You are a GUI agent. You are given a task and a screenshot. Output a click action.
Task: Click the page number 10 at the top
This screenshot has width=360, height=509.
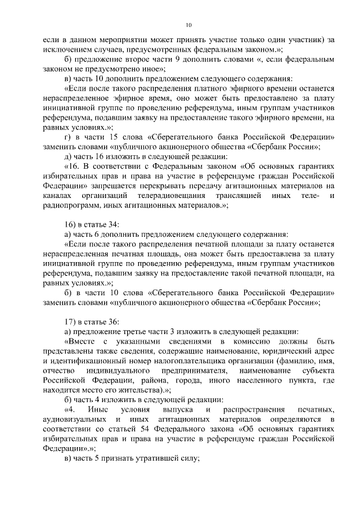(188, 24)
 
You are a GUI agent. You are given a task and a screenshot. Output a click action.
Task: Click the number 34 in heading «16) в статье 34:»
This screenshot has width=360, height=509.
(112, 224)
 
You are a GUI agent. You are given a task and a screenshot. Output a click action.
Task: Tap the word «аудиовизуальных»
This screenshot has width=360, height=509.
(75, 420)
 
